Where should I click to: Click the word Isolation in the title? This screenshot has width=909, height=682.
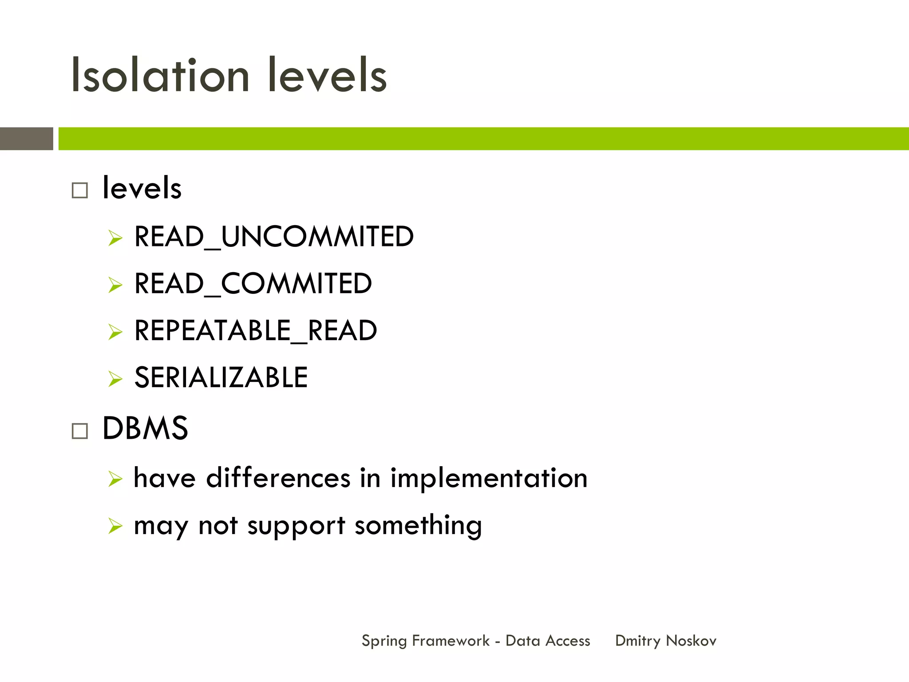pos(160,75)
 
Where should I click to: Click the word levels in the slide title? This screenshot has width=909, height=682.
pos(327,75)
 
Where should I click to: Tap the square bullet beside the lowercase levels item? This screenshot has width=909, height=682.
pos(80,190)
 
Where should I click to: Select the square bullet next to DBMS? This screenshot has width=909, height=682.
pos(80,431)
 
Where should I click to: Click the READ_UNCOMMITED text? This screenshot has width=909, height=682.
pos(274,236)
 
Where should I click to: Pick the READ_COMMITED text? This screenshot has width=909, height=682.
pos(253,283)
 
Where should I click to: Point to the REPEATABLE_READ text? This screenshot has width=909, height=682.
pos(256,330)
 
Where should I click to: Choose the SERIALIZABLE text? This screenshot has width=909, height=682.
pos(221,377)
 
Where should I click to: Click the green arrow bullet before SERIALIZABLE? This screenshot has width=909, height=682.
pos(115,379)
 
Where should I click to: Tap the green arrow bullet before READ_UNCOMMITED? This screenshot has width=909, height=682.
pos(115,238)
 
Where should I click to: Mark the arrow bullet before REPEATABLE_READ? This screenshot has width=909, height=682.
pos(115,332)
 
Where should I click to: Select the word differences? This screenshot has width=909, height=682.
pos(278,478)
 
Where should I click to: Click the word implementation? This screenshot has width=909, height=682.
pos(489,478)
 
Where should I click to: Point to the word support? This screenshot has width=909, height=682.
pos(296,526)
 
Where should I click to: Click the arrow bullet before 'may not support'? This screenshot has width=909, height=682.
pos(115,526)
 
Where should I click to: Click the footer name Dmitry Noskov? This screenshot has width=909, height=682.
pos(665,641)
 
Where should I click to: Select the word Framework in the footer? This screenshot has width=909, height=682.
pos(451,641)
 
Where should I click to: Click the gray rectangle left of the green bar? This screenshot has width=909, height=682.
pos(27,139)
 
